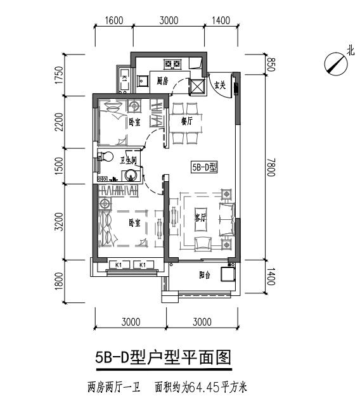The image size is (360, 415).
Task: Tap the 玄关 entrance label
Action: (x=219, y=86)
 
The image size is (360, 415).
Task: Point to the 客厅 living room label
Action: (x=201, y=217)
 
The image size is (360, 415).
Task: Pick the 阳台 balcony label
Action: (x=204, y=275)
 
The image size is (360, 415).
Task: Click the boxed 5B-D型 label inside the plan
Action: (x=204, y=168)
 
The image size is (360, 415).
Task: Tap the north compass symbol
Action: (x=333, y=63)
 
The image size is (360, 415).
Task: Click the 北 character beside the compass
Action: (x=350, y=52)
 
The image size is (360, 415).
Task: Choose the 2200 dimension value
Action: (x=58, y=122)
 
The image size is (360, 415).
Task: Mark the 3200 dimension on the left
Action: (x=58, y=222)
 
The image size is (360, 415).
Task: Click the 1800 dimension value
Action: (x=58, y=279)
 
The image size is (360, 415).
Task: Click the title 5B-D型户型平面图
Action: (x=164, y=358)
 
